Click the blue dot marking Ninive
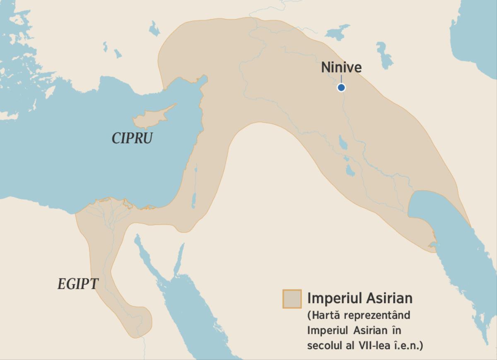(341, 87)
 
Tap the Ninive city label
(341, 68)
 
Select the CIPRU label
(132, 138)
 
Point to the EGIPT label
(78, 284)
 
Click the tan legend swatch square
(292, 299)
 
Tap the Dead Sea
(193, 199)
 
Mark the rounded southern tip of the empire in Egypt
(141, 321)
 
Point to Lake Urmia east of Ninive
(385, 56)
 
